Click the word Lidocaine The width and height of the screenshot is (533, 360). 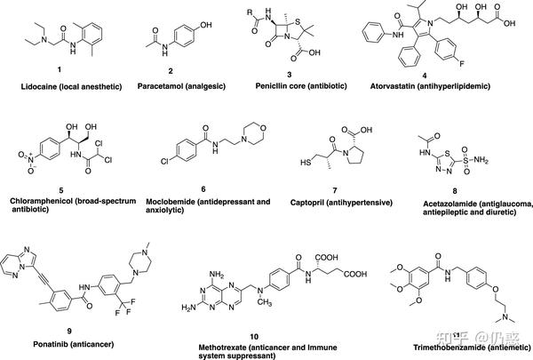click(x=37, y=87)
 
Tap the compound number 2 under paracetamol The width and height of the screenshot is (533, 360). click(x=171, y=71)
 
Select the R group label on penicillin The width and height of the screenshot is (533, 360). click(x=250, y=12)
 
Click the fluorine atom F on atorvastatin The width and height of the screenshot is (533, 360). click(x=462, y=63)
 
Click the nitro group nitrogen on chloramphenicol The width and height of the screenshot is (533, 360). click(x=30, y=158)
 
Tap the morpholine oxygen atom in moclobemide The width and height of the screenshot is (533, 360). click(x=263, y=128)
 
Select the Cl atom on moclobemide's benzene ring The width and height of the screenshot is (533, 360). click(x=165, y=161)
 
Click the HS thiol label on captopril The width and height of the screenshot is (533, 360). click(x=306, y=163)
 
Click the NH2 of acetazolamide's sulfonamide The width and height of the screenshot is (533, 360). click(x=481, y=160)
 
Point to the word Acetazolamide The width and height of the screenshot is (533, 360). click(x=445, y=204)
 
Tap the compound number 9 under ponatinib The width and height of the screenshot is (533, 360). click(x=69, y=331)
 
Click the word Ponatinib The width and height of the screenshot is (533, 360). click(x=51, y=344)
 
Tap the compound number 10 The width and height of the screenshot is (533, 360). click(x=254, y=337)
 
